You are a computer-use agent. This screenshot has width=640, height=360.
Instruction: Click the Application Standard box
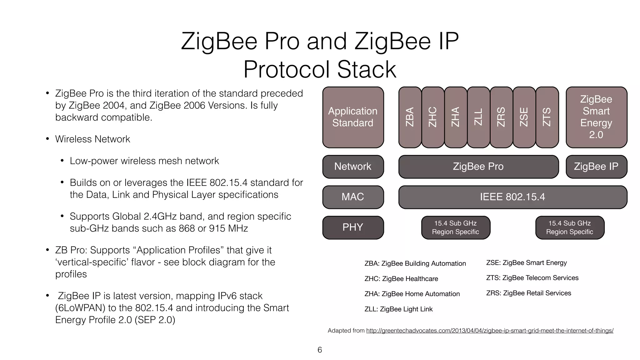[x=353, y=117]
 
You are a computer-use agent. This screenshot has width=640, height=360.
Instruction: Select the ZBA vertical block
[x=410, y=117]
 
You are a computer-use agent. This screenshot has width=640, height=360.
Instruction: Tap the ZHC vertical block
[x=432, y=117]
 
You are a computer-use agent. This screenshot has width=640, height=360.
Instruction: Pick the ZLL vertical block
[x=478, y=117]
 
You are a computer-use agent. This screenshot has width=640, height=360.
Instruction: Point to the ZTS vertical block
[x=547, y=117]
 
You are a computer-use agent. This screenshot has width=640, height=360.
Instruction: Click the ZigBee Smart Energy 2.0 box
[x=596, y=117]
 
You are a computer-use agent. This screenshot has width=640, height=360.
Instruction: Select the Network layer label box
[x=353, y=167]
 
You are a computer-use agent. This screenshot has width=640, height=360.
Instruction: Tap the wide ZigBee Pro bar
[x=478, y=167]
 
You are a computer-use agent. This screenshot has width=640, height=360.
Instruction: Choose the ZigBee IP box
[x=596, y=167]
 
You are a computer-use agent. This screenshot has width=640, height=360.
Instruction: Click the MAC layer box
[x=353, y=197]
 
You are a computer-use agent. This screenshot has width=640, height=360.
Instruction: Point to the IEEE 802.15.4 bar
[x=512, y=197]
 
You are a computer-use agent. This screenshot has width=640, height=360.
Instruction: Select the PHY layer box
[x=353, y=227]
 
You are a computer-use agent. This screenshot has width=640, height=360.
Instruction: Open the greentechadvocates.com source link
[x=490, y=331]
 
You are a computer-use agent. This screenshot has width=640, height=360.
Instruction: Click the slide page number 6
[x=320, y=350]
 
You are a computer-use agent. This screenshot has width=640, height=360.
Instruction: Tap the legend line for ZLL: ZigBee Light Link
[x=398, y=309]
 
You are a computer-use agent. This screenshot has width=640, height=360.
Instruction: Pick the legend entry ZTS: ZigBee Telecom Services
[x=532, y=278]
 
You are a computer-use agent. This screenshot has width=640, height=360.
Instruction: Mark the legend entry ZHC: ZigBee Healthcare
[x=401, y=279]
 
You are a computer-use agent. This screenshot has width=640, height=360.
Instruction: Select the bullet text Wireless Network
[x=92, y=139]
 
